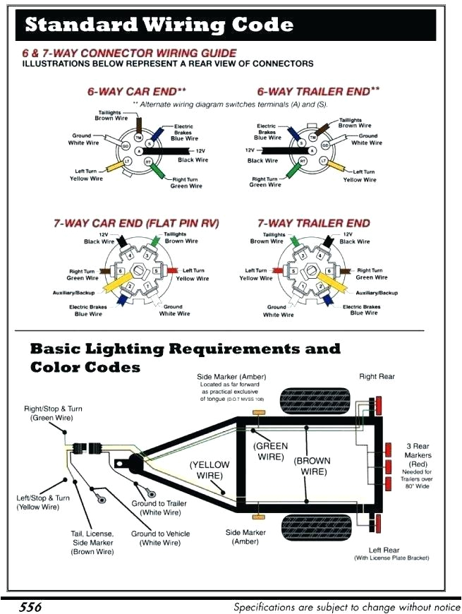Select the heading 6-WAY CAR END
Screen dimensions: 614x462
[x=137, y=92]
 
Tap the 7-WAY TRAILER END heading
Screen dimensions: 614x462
[x=312, y=223]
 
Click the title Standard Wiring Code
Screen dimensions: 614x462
[x=159, y=25]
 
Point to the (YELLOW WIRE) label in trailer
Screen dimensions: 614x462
[x=209, y=470]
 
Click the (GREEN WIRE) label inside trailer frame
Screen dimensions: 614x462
[x=272, y=452]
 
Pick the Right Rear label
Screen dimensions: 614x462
[x=377, y=377]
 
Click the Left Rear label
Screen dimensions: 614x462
[x=384, y=550]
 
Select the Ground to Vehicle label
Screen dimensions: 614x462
[x=160, y=538]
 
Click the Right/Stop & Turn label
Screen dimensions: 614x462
[x=53, y=413]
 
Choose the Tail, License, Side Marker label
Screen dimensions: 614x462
[x=92, y=542]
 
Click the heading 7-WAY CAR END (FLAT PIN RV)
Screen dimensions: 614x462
[x=136, y=223]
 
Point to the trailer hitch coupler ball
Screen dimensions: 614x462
[x=133, y=464]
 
